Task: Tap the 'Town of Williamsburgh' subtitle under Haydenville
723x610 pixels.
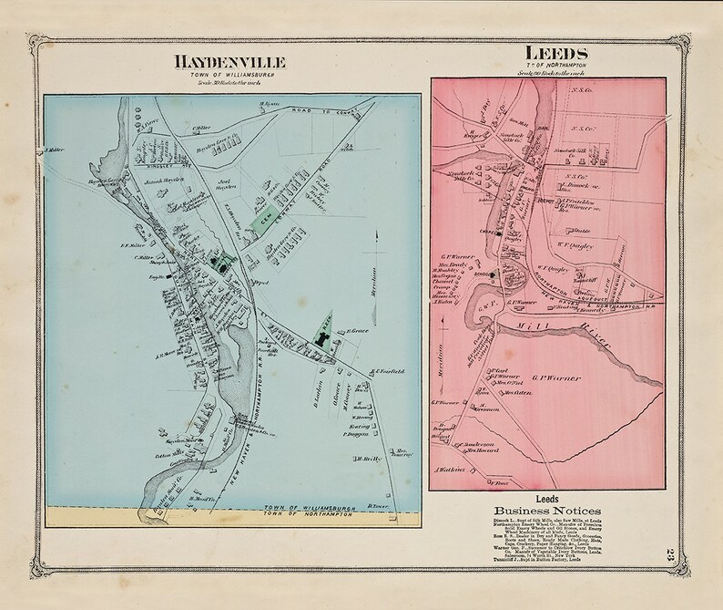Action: (x=229, y=75)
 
